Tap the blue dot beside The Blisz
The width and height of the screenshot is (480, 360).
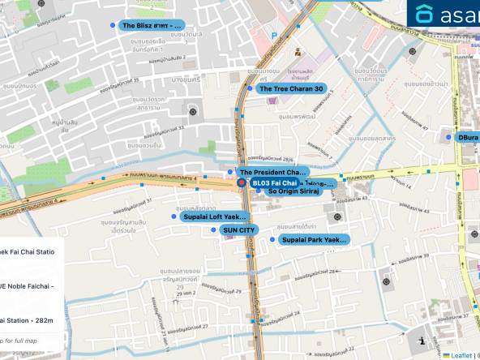click(113, 26)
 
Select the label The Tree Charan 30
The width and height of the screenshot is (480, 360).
click(291, 88)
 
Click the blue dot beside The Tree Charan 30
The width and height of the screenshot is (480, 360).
click(251, 88)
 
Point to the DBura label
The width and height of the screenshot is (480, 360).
click(468, 138)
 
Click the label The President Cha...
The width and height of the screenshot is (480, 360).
click(272, 172)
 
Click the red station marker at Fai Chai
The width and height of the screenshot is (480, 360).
click(241, 183)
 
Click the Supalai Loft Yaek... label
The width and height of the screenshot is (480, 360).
click(215, 216)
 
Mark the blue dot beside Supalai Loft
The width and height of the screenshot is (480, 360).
click(174, 216)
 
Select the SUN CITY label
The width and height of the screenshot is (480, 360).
click(238, 230)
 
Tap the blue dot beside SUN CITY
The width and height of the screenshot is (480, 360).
click(214, 230)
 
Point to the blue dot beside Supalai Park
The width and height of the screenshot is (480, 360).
click(272, 240)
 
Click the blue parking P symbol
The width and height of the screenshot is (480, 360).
click(274, 36)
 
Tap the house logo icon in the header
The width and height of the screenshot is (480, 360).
click(424, 15)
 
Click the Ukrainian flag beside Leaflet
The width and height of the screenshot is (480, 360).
click(446, 355)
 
